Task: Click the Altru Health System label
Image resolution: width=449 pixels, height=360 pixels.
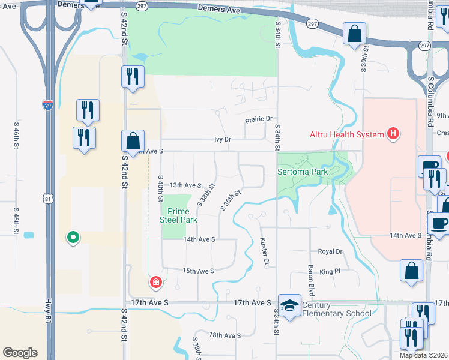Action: pyautogui.click(x=346, y=134)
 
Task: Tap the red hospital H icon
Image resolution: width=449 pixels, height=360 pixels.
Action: pyautogui.click(x=393, y=133)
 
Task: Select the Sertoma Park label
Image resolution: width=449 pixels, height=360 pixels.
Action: pyautogui.click(x=303, y=172)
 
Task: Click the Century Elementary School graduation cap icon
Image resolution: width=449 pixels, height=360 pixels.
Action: pyautogui.click(x=289, y=305)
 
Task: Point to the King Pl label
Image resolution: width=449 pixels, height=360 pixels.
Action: pyautogui.click(x=330, y=272)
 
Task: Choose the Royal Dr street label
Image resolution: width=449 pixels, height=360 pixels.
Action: pyautogui.click(x=330, y=252)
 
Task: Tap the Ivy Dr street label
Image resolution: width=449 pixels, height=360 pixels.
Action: pyautogui.click(x=223, y=139)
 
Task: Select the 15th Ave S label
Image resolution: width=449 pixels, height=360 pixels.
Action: pyautogui.click(x=199, y=271)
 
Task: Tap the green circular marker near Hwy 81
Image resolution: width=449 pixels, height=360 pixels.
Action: pyautogui.click(x=73, y=238)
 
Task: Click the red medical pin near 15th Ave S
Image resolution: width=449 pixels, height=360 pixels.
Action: pyautogui.click(x=156, y=282)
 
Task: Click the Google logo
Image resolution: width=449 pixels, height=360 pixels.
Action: pyautogui.click(x=20, y=353)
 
